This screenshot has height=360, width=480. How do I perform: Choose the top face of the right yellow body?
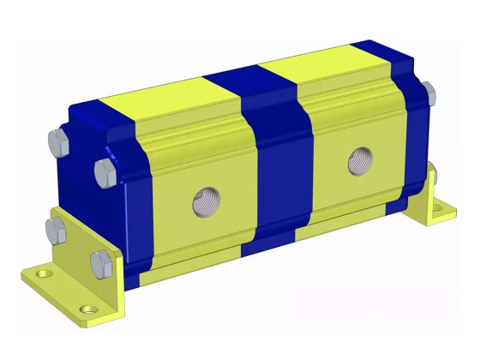(x=317, y=63)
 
